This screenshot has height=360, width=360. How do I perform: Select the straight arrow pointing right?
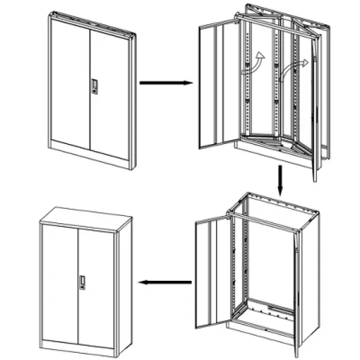pyautogui.click(x=164, y=83)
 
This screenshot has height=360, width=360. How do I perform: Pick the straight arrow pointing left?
pyautogui.click(x=164, y=282)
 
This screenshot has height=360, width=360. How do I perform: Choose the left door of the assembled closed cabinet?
pyautogui.click(x=60, y=281)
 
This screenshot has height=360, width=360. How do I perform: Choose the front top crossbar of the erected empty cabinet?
pyautogui.click(x=268, y=220)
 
